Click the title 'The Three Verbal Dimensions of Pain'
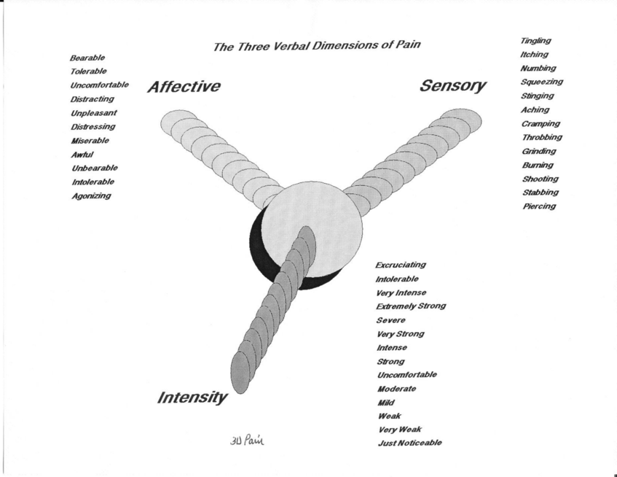[317, 46]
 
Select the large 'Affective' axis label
[184, 87]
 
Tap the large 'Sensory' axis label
[452, 86]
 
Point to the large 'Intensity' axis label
[192, 398]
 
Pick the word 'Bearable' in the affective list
[87, 58]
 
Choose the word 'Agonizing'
[91, 195]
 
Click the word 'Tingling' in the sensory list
[535, 41]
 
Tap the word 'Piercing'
[539, 206]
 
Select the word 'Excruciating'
[401, 265]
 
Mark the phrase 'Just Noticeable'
[409, 443]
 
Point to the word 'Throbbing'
[541, 137]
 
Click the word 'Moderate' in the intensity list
[396, 389]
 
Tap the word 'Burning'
[538, 165]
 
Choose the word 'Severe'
[390, 320]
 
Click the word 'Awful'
[83, 155]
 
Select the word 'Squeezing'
[542, 82]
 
